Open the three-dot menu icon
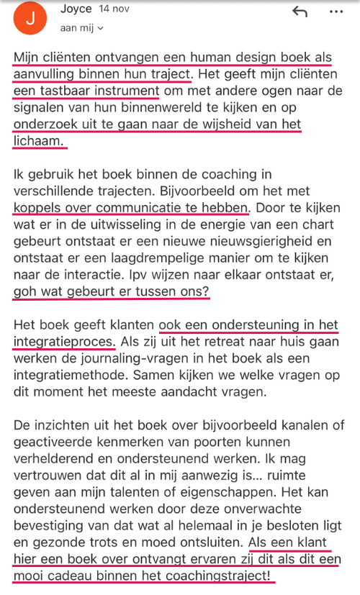coord(336,12)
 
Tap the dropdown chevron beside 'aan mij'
coord(100,28)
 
